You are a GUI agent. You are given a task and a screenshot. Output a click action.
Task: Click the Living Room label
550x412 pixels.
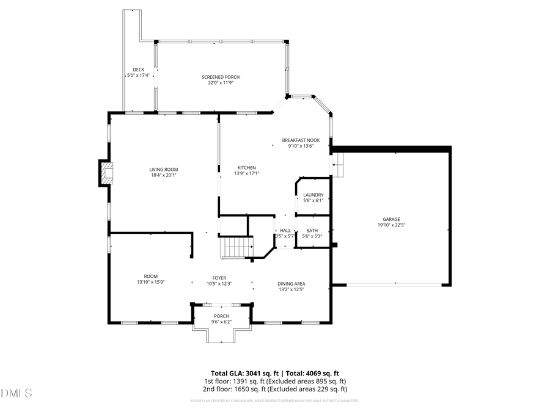pos(163,169)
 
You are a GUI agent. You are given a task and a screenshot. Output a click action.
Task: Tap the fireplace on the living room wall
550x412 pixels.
pos(107,173)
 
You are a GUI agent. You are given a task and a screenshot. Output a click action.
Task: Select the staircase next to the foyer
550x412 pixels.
pos(237,247)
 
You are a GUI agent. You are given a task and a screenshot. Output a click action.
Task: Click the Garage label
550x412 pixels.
pos(391,219)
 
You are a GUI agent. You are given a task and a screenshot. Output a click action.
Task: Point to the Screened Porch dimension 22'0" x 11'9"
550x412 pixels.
pos(221,83)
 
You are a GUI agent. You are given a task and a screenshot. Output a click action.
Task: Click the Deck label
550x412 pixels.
pos(138,70)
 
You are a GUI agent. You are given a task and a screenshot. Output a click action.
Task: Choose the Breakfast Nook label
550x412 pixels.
pos(301,140)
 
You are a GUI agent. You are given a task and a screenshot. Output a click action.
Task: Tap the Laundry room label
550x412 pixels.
pos(313,195)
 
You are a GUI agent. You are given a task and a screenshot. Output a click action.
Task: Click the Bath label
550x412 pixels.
pos(312,230)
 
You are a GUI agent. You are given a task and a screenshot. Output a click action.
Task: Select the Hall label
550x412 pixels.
pos(285,230)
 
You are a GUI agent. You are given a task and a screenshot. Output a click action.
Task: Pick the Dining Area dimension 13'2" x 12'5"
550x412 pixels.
pos(291,289)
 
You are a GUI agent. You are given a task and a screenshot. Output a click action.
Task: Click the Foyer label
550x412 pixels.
pos(219,277)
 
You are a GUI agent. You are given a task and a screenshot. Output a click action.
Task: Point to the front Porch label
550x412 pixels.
pos(221,316)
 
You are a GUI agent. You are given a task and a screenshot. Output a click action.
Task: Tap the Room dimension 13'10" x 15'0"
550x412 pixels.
pos(151,282)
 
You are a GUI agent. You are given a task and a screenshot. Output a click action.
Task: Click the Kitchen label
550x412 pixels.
pos(247,167)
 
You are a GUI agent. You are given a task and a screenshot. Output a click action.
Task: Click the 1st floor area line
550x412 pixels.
pos(275,381)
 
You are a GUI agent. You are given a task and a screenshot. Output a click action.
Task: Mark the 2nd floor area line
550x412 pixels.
pos(275,389)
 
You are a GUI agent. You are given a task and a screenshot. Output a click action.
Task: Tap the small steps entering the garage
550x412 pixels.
pos(337,164)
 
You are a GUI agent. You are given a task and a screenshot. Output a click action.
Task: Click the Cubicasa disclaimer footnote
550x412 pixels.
pos(275,401)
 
